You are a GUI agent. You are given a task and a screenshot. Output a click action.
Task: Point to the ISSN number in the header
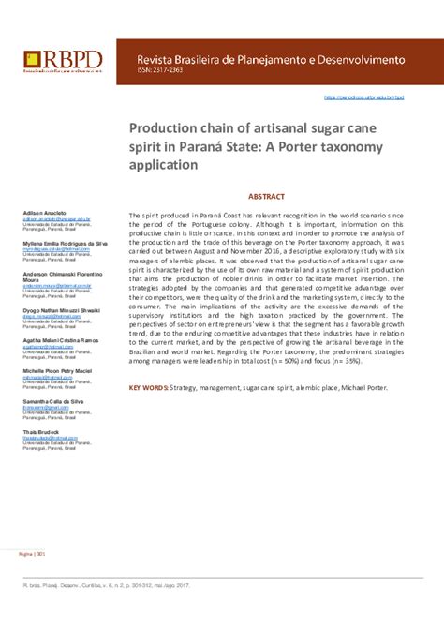pyautogui.click(x=155, y=74)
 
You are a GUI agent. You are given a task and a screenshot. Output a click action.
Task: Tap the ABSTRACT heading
pyautogui.click(x=266, y=199)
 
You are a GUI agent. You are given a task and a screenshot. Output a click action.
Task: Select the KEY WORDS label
pyautogui.click(x=147, y=386)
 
